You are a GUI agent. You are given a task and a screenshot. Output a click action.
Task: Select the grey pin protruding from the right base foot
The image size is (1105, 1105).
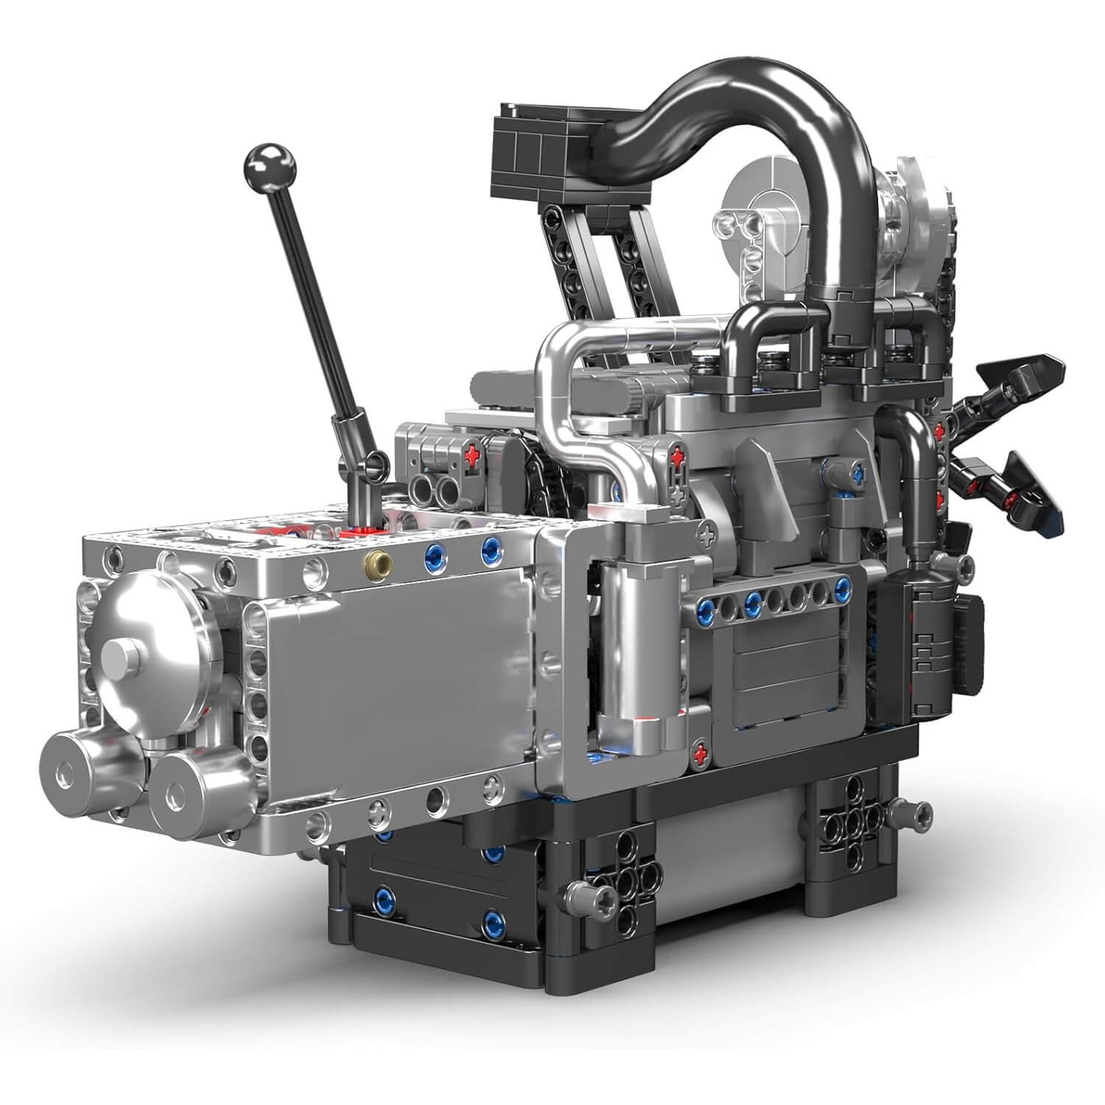click(x=909, y=813)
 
